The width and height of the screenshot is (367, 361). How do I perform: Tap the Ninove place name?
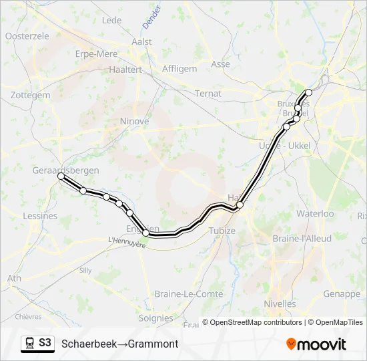point(134,121)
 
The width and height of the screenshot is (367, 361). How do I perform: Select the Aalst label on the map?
point(142,41)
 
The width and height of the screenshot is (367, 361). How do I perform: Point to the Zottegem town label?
point(31,96)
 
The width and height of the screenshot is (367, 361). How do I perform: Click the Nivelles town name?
point(280,304)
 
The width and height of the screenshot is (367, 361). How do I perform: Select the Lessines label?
point(40,216)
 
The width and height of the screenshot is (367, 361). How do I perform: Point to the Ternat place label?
point(208,94)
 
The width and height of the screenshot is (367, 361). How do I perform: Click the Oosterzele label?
point(27,36)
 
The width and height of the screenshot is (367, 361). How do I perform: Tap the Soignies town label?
point(155,318)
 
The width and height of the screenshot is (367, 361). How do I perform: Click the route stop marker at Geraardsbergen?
point(61,176)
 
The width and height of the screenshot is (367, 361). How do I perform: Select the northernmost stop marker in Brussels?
point(308,92)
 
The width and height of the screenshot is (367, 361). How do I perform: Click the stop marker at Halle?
point(240,205)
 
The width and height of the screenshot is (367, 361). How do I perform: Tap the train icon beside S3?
point(29,343)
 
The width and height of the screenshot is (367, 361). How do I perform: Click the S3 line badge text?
point(45,343)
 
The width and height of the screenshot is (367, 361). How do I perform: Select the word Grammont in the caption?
point(153,344)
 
